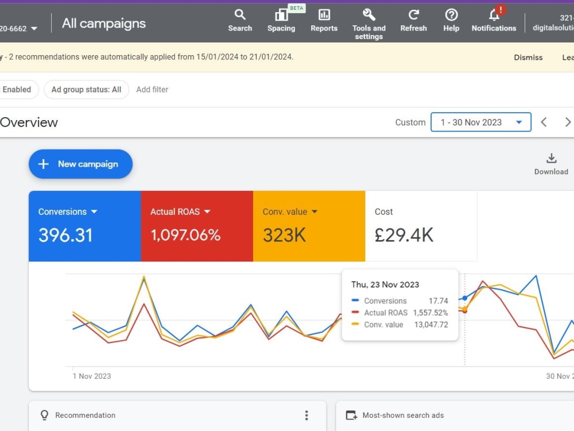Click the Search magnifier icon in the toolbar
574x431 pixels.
click(240, 15)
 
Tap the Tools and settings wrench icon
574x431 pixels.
click(369, 15)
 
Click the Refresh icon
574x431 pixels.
click(414, 15)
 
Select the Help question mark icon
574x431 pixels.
click(451, 15)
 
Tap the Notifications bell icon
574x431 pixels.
click(494, 15)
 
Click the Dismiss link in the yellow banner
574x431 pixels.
click(528, 57)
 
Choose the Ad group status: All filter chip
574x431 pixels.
click(87, 90)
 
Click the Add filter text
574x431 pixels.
click(152, 90)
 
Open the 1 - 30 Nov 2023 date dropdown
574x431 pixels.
click(480, 122)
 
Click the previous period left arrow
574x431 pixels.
click(544, 122)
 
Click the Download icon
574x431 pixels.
click(551, 159)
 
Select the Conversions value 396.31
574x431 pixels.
click(65, 235)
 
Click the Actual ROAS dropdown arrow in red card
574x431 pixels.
click(207, 211)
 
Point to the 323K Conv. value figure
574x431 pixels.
click(285, 235)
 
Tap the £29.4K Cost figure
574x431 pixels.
click(404, 235)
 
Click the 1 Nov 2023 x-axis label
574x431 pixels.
click(92, 376)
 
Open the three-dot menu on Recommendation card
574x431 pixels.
click(307, 415)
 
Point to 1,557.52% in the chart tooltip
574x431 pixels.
click(430, 313)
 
